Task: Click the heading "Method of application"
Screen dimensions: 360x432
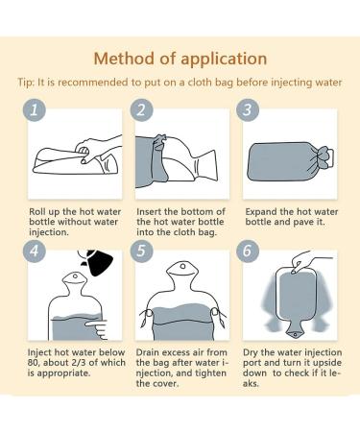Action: click(180, 59)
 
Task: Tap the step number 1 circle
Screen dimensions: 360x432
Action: click(34, 109)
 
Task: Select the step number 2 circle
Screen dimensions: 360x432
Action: click(141, 109)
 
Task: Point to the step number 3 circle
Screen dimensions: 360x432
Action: click(248, 109)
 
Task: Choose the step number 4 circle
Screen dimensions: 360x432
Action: click(34, 251)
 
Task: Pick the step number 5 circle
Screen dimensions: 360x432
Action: click(141, 251)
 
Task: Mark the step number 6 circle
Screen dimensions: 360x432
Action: click(248, 251)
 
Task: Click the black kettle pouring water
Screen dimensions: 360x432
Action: click(96, 262)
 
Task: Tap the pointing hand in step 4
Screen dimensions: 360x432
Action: click(97, 329)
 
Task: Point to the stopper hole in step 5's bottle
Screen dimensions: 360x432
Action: click(182, 266)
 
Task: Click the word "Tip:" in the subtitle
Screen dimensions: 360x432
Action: click(26, 83)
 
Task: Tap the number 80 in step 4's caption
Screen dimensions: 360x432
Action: click(34, 363)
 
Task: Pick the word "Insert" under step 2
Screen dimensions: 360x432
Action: click(149, 212)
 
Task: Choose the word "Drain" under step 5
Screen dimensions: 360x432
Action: click(148, 352)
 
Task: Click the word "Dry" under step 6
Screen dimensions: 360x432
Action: click(251, 353)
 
